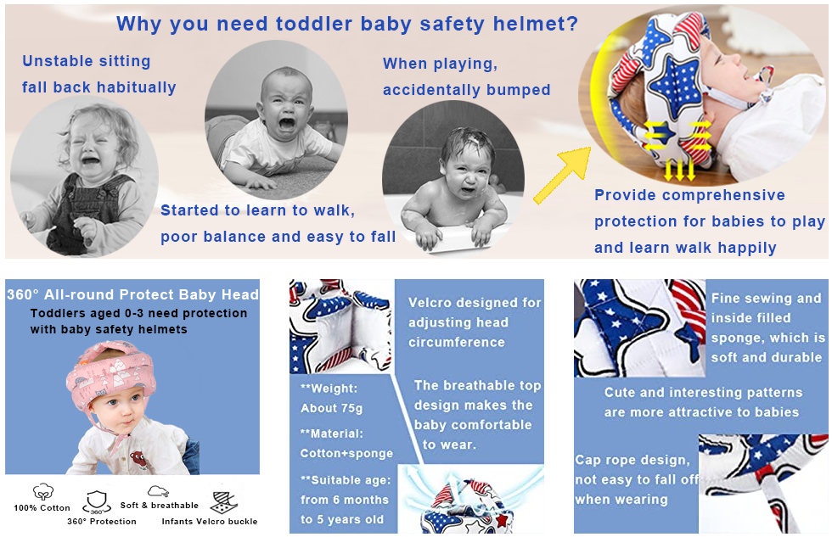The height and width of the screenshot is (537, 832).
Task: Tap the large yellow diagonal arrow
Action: (562, 176)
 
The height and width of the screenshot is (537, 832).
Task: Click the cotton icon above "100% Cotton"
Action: (42, 491)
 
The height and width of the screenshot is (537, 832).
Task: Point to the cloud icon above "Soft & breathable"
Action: (158, 491)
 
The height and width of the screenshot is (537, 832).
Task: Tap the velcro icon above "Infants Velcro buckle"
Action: (224, 502)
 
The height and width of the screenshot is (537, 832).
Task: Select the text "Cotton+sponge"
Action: (346, 454)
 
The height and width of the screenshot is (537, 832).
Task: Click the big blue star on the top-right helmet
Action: (674, 86)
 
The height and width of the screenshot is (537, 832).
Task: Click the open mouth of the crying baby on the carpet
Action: (287, 125)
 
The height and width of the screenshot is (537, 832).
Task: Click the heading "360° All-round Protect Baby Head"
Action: (132, 294)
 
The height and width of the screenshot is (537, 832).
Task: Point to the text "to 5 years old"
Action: (341, 519)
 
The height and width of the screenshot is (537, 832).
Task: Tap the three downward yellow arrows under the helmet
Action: (679, 171)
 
